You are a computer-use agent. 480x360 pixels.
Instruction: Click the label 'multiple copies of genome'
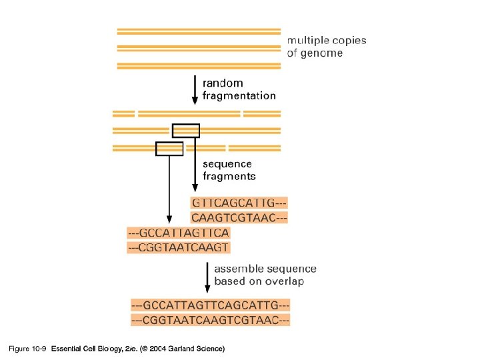[x=327, y=47]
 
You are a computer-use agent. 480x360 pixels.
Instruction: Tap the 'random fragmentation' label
[x=239, y=89]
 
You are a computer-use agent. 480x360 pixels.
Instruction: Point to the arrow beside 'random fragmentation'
[x=195, y=89]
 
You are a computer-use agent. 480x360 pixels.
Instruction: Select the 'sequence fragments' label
[x=229, y=170]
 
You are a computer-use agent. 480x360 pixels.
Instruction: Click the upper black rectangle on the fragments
[x=185, y=131]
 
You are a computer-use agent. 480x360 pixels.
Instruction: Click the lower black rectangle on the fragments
[x=169, y=148]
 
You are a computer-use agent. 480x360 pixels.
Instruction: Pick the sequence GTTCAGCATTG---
[x=239, y=203]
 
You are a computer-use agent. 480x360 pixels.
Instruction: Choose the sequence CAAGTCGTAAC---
[x=239, y=217]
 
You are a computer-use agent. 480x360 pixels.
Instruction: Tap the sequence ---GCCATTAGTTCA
[x=179, y=233]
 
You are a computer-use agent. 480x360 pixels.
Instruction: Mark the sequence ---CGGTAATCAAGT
[x=179, y=247]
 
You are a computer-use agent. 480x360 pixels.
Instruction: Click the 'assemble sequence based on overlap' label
[x=265, y=275]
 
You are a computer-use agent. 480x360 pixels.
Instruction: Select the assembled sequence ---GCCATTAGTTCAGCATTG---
[x=210, y=305]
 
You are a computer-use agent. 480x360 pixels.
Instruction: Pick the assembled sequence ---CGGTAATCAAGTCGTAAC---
[x=210, y=320]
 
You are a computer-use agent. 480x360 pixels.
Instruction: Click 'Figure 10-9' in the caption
[x=27, y=349]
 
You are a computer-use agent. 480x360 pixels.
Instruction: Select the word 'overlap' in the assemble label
[x=283, y=282]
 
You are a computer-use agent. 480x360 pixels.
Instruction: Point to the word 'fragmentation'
[x=239, y=96]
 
